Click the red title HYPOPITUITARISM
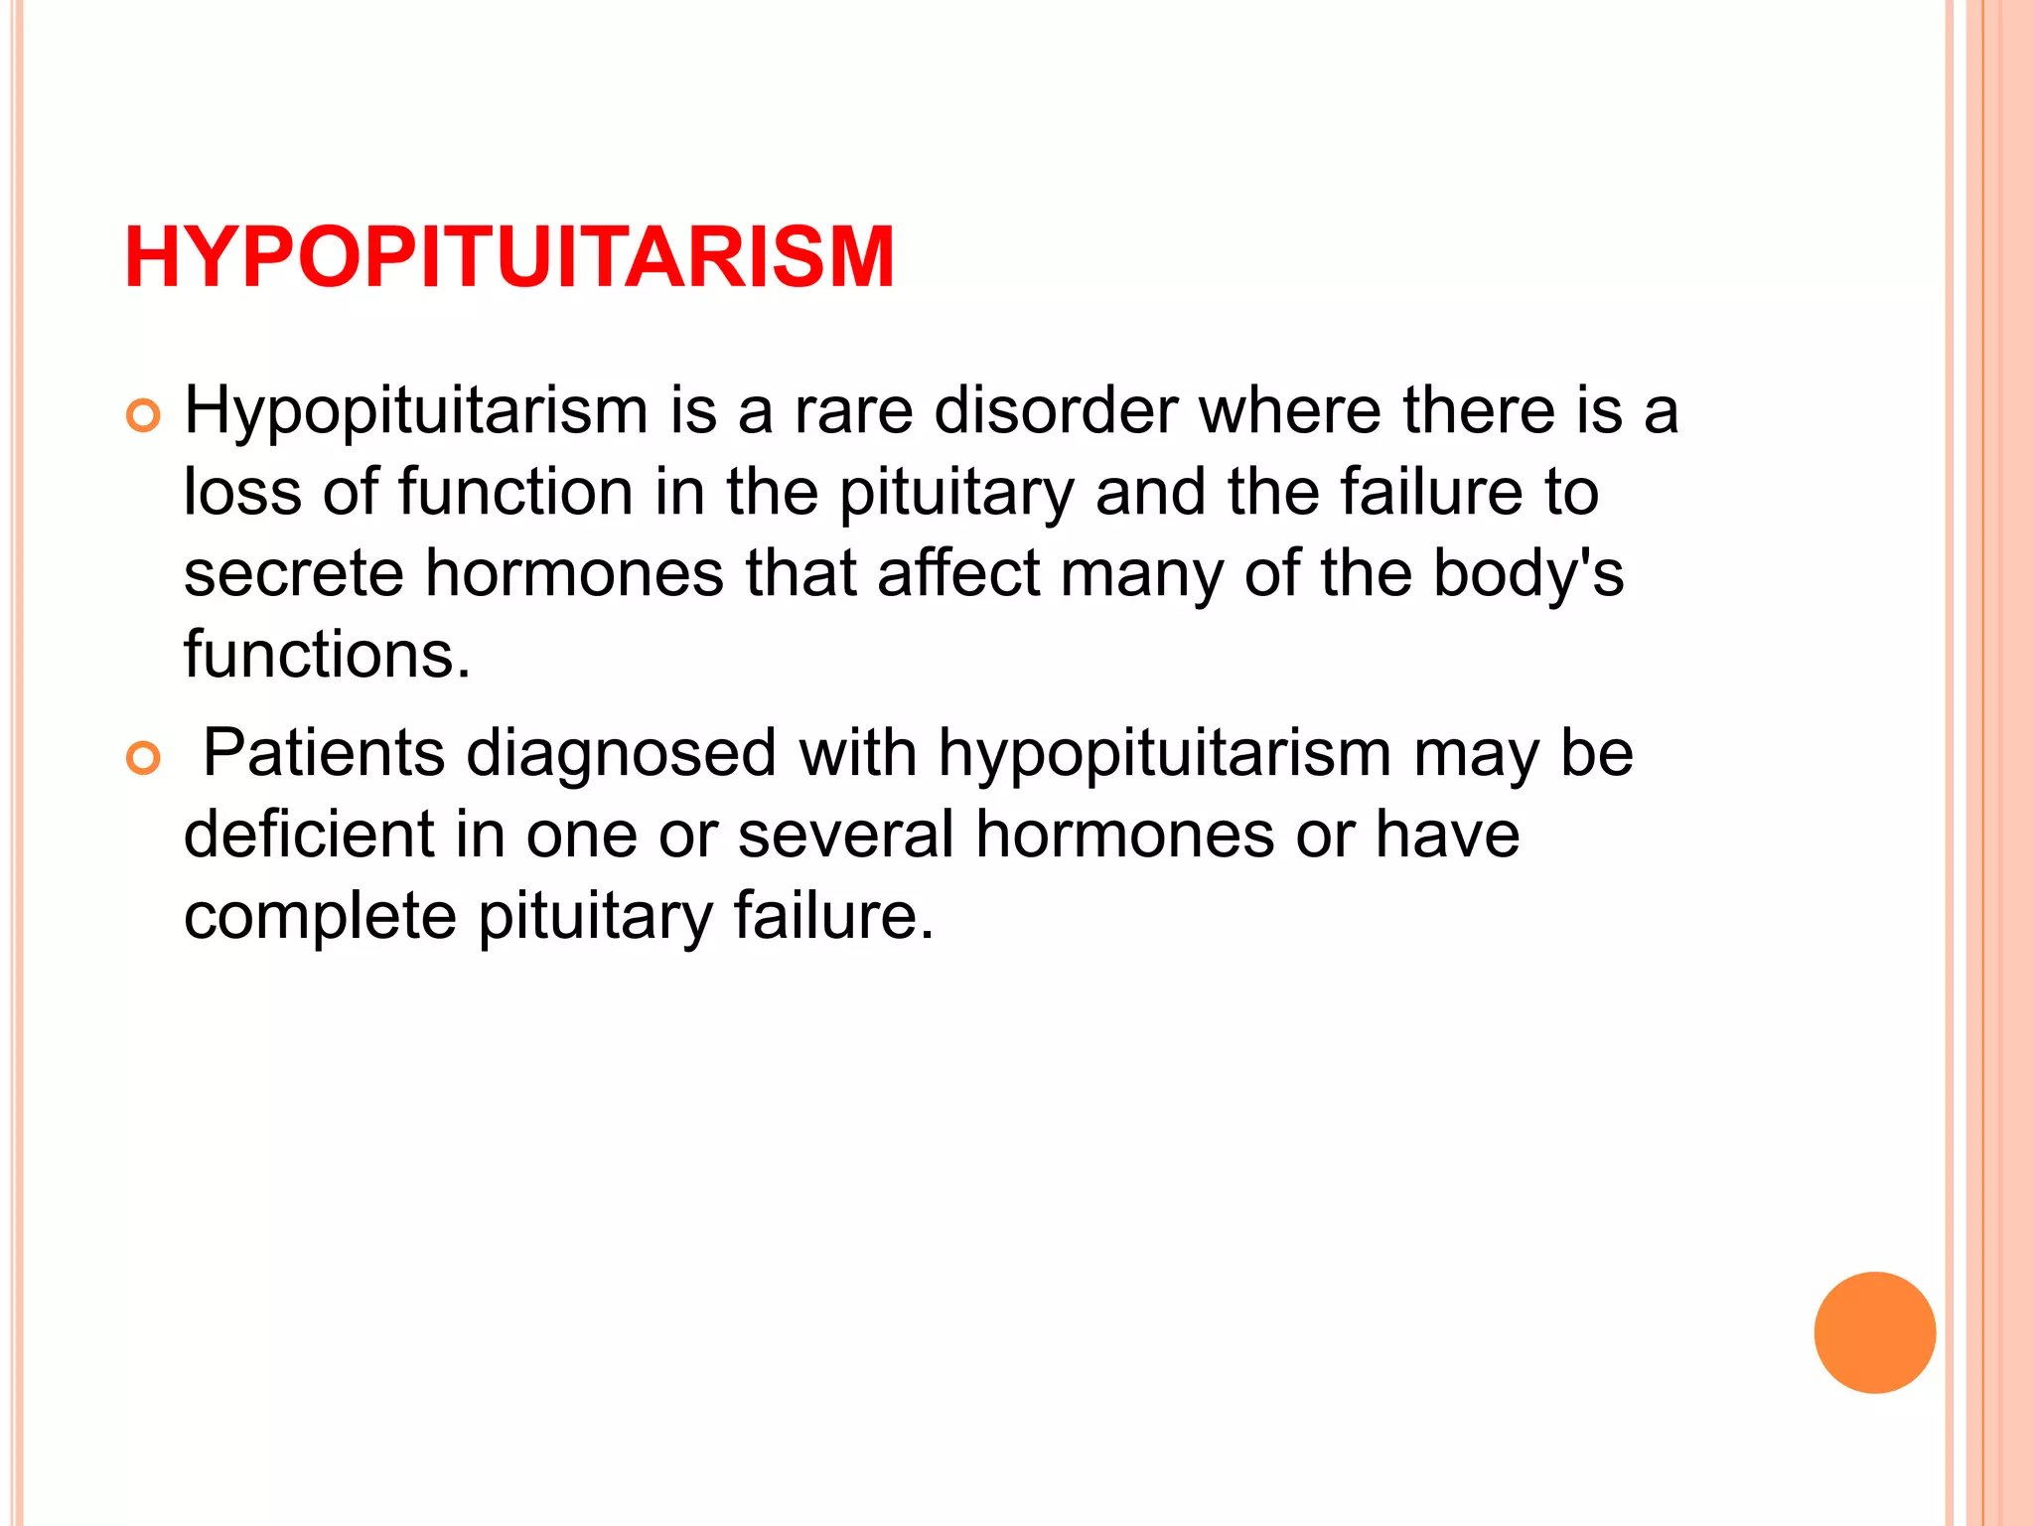point(508,257)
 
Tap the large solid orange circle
point(1874,1332)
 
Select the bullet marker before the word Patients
point(144,759)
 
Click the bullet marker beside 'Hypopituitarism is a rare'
point(144,417)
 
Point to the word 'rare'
point(853,411)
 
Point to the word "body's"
point(1528,576)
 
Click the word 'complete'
point(320,918)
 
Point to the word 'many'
point(1142,576)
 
